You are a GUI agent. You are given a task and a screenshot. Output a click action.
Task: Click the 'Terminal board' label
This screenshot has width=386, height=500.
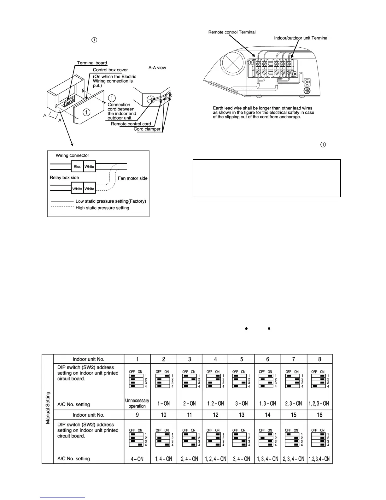click(x=92, y=63)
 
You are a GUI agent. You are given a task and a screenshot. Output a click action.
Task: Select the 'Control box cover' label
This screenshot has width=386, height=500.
click(x=110, y=70)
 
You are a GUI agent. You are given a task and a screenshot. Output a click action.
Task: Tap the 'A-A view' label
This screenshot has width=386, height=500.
click(x=157, y=68)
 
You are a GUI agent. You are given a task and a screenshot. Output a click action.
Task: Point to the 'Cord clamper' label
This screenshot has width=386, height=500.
click(x=147, y=129)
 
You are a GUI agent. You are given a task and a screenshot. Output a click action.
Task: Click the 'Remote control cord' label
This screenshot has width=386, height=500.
click(x=131, y=124)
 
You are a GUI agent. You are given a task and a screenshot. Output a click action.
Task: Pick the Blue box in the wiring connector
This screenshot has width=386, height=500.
click(x=78, y=167)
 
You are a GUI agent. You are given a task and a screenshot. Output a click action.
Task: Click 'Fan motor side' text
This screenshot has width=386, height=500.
click(x=133, y=178)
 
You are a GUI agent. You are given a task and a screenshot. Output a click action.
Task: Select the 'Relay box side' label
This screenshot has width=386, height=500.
click(x=64, y=177)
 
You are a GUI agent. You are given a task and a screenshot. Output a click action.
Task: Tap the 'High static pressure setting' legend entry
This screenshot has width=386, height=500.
click(x=102, y=208)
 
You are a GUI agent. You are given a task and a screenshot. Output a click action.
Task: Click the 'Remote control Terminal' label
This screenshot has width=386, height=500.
click(x=232, y=32)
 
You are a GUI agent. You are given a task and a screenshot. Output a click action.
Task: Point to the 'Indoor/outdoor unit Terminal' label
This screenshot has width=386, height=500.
click(x=301, y=38)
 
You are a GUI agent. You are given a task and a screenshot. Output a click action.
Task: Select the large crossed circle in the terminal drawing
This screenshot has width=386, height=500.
click(x=233, y=62)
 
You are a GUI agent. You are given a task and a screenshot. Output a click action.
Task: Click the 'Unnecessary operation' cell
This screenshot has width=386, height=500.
click(x=137, y=403)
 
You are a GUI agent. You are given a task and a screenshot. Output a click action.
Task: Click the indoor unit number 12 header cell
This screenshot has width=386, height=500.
click(x=215, y=415)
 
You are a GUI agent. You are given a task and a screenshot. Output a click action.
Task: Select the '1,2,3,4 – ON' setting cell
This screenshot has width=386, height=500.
click(x=319, y=459)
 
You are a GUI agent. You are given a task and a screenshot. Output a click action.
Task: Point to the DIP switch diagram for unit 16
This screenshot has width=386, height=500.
click(x=320, y=437)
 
